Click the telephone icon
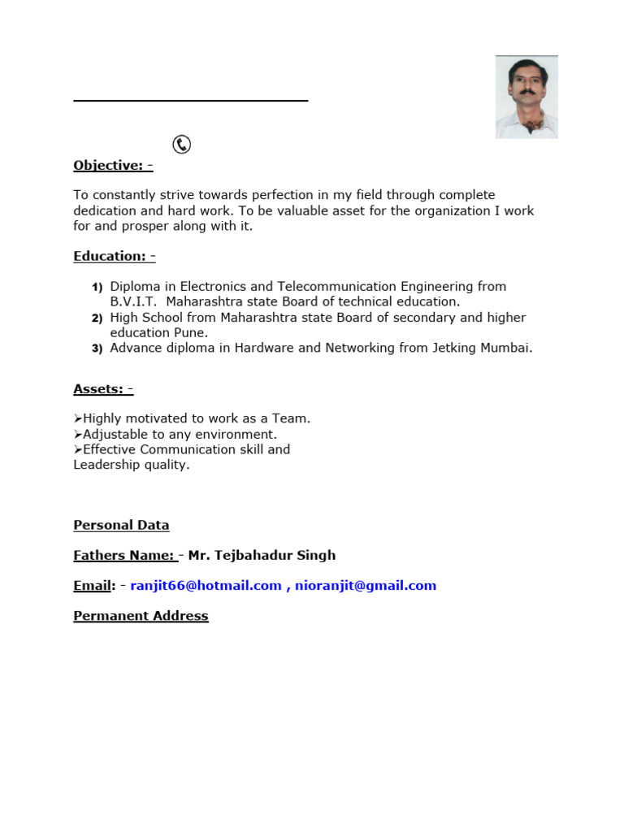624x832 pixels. click(x=182, y=145)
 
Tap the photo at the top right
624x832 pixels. click(x=526, y=97)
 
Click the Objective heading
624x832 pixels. click(x=113, y=166)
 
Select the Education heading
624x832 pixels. click(x=114, y=257)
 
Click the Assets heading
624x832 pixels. click(x=103, y=389)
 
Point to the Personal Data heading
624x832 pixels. click(x=121, y=526)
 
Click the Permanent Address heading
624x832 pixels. click(x=141, y=617)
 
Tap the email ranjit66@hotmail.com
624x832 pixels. click(x=206, y=586)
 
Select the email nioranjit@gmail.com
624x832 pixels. click(x=366, y=586)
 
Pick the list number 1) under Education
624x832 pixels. click(x=97, y=288)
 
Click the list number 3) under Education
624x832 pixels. click(x=97, y=349)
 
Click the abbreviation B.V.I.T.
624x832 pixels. click(x=133, y=302)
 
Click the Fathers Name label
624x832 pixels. click(x=123, y=556)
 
